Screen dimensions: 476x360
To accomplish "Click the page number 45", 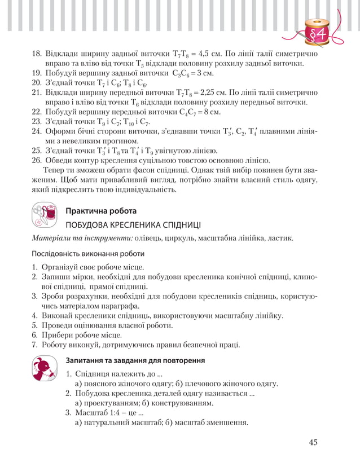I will click(313, 442).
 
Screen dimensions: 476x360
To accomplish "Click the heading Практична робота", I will click(101, 211).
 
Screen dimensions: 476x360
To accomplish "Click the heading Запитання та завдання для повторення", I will click(135, 360).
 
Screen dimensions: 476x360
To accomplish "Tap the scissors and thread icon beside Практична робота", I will click(45, 214).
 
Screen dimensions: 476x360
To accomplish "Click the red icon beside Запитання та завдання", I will click(45, 368).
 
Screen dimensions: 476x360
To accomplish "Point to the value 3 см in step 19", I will click(204, 73).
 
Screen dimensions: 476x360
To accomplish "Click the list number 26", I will click(36, 160).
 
